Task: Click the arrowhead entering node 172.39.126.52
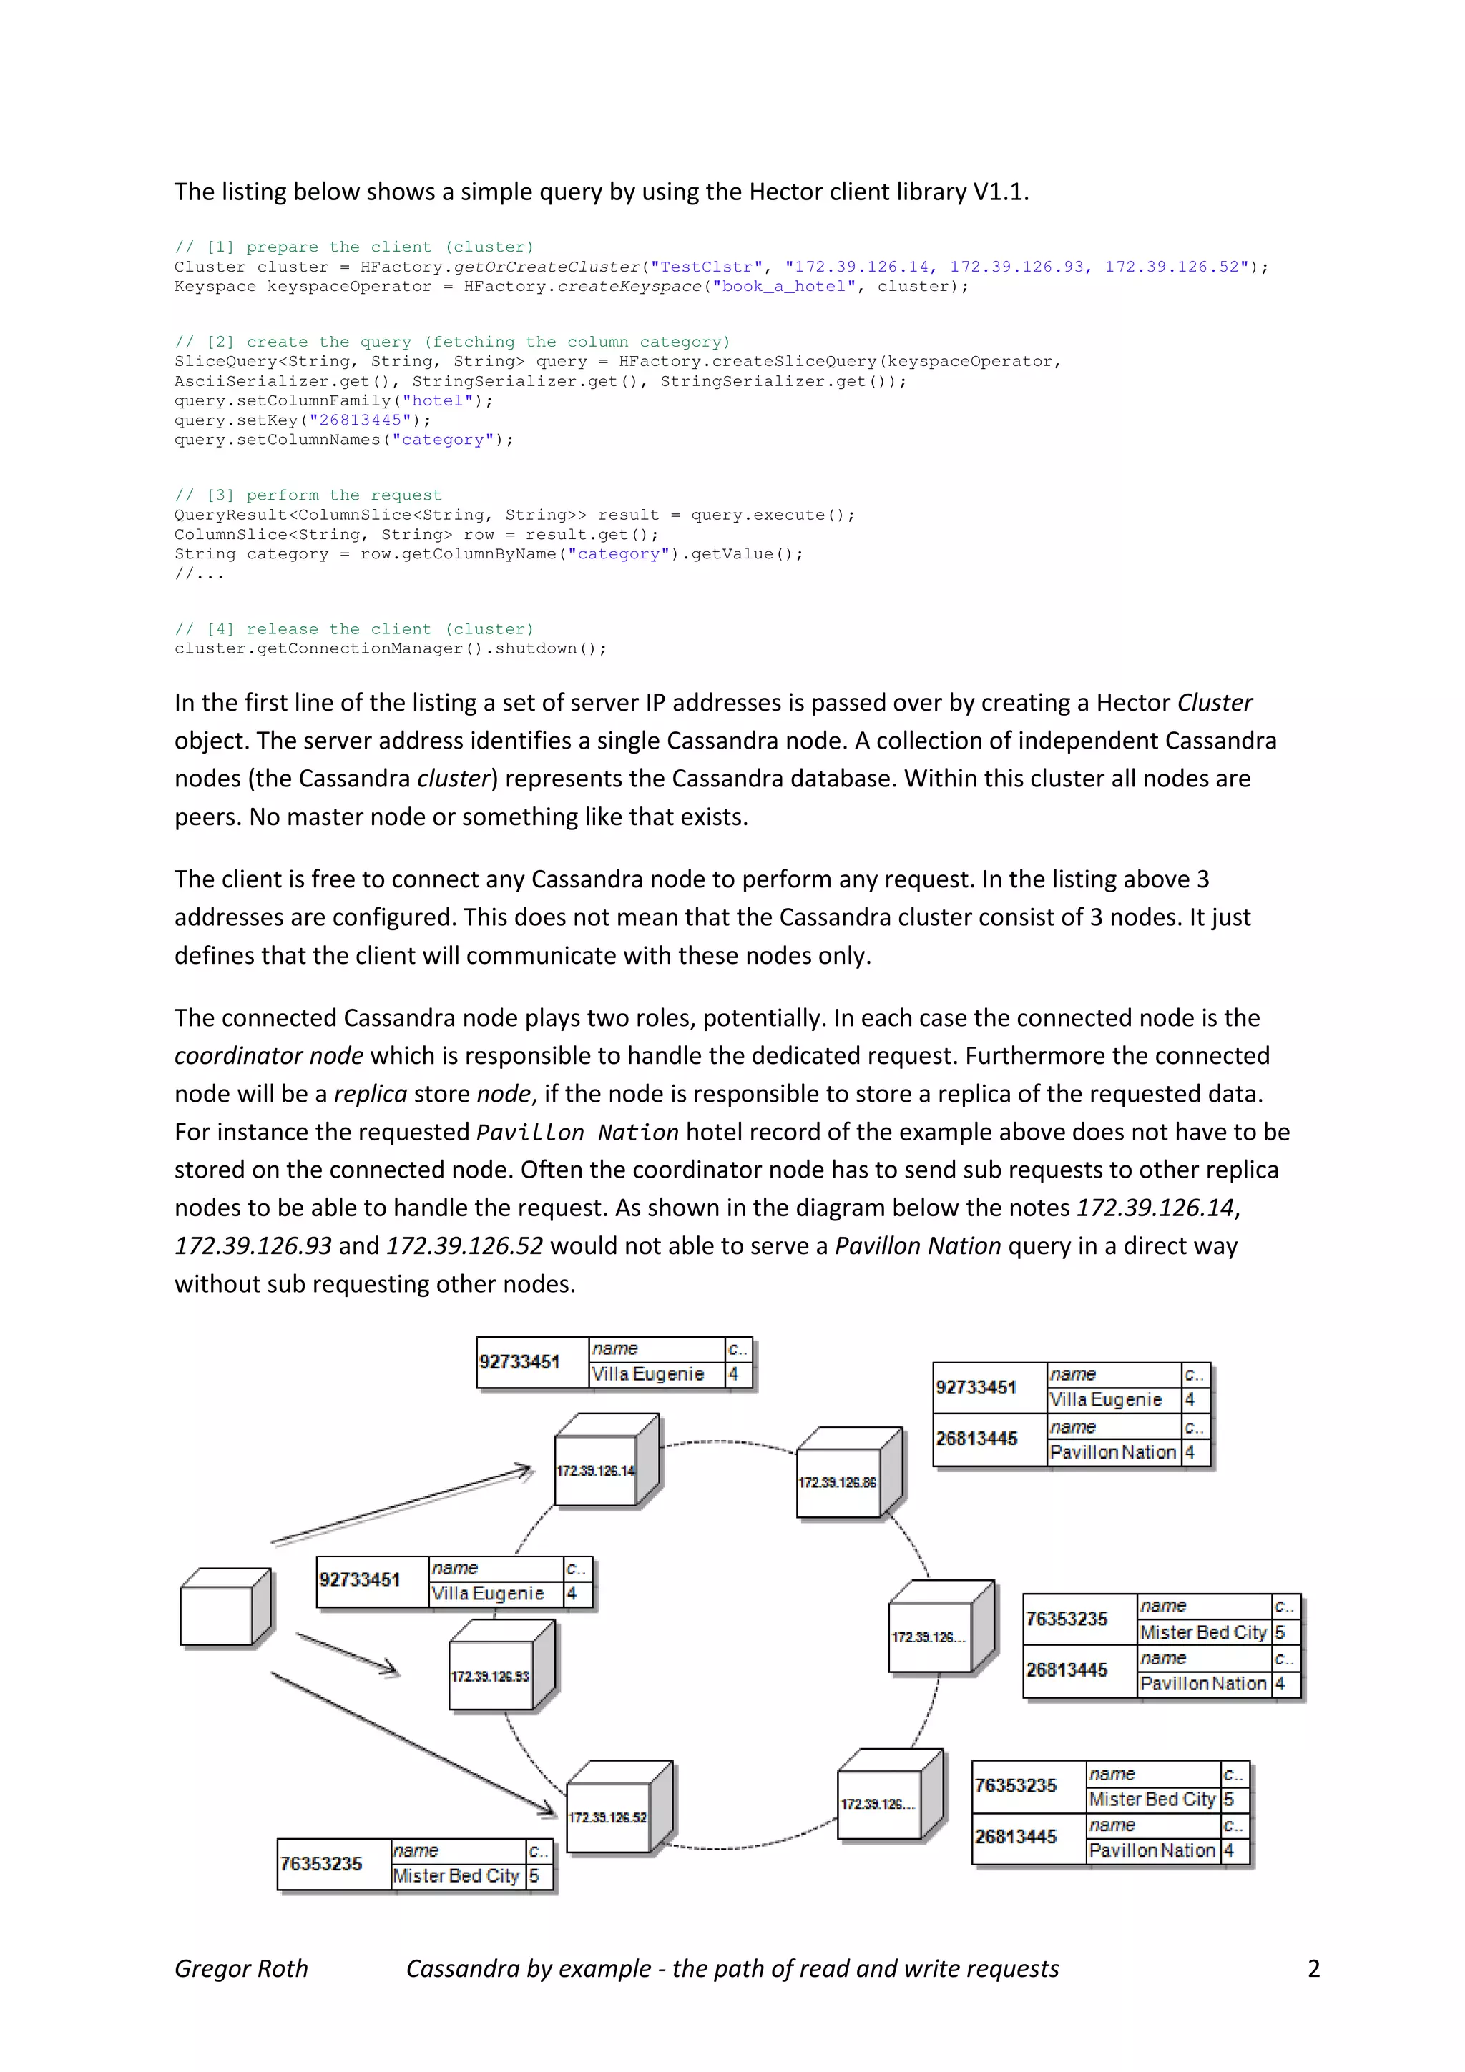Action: point(546,1808)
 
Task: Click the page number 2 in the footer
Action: point(1313,1969)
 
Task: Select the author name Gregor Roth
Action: point(241,1969)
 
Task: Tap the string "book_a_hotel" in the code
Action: point(783,287)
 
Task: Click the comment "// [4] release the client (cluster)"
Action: point(354,629)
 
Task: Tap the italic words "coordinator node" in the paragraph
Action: point(268,1056)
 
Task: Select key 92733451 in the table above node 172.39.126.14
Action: point(520,1362)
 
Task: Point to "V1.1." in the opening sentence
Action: point(1000,192)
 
